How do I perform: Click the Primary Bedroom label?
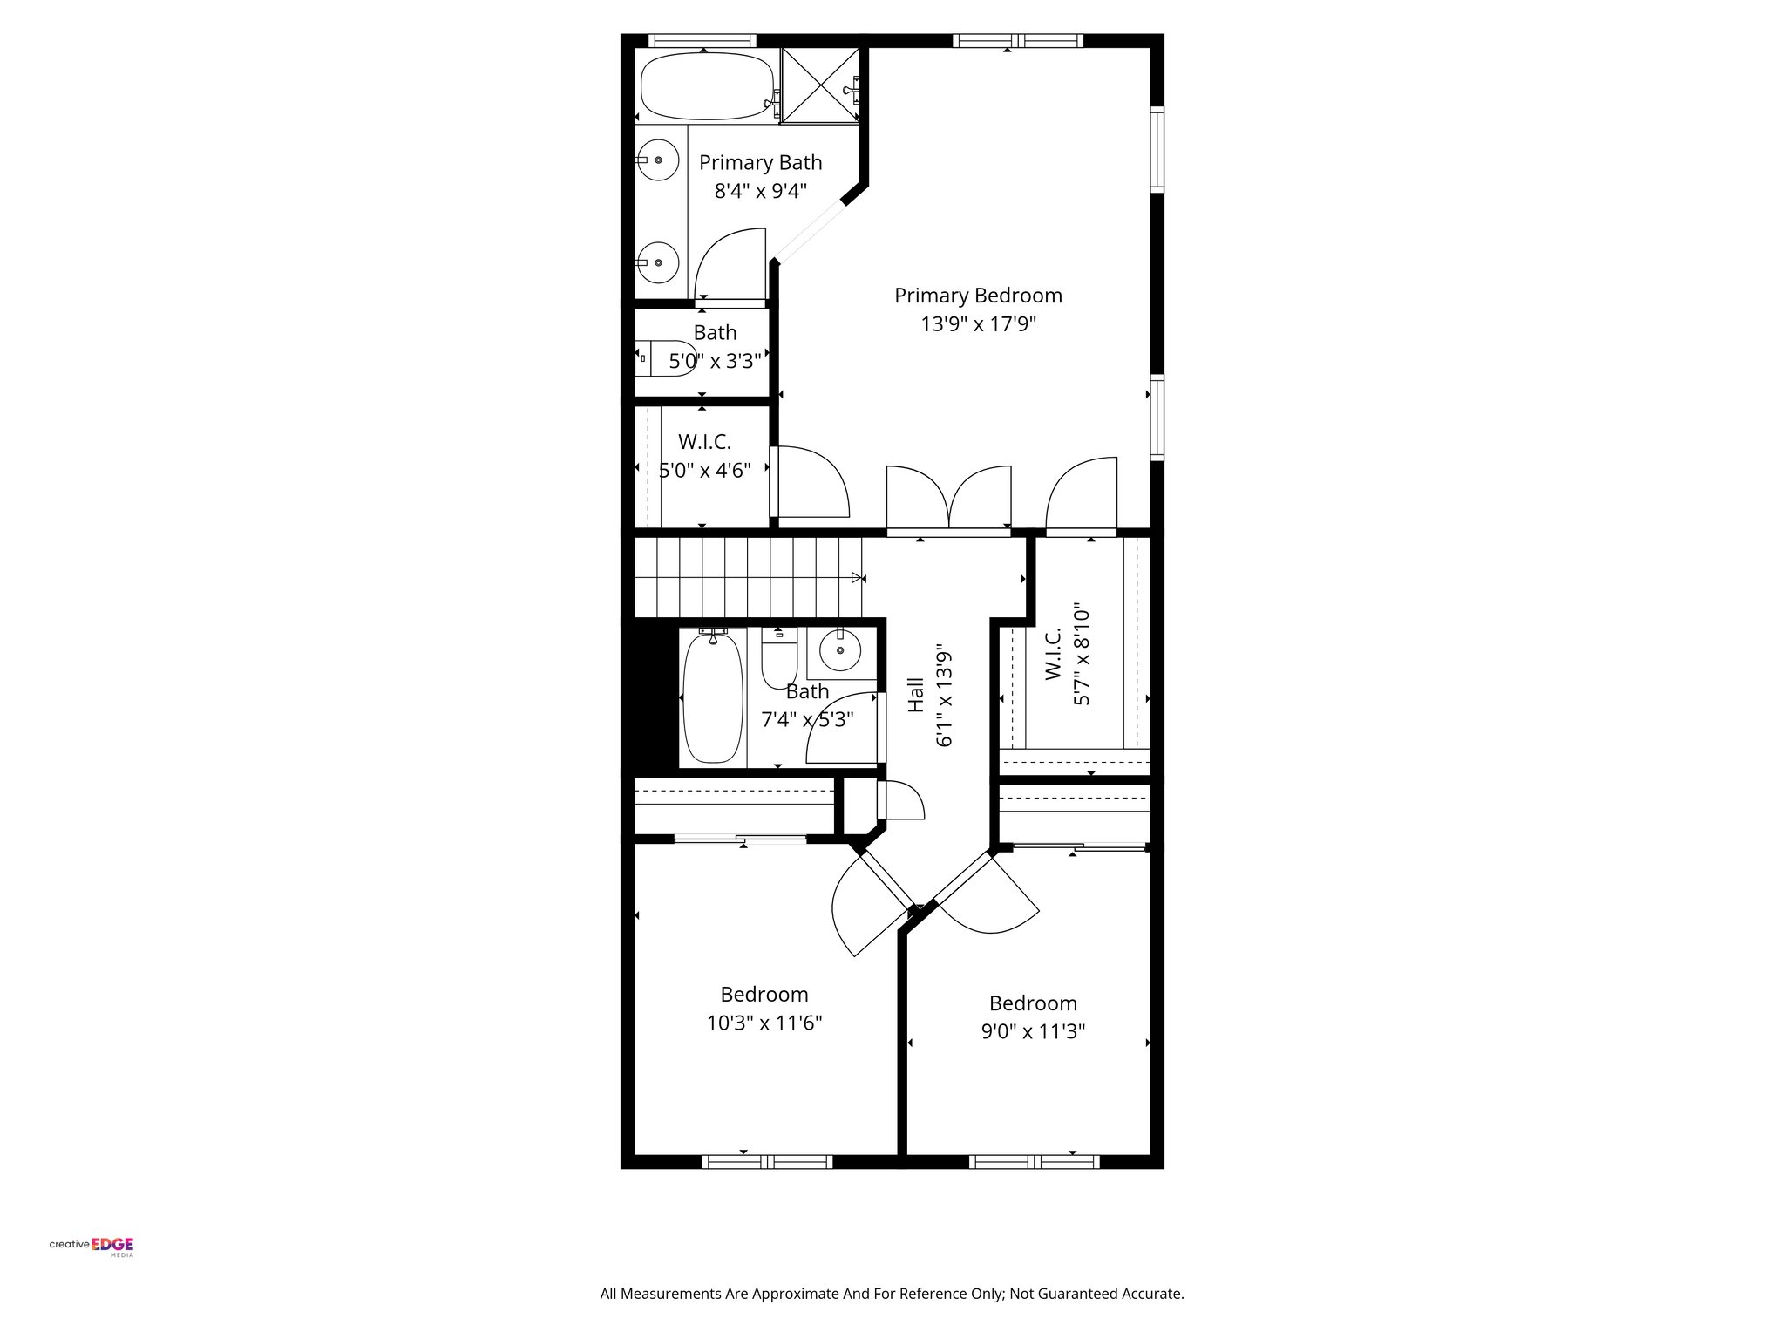pos(978,296)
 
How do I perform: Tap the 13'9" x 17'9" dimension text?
pos(978,324)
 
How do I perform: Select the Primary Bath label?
pos(760,163)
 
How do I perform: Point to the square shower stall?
pos(819,85)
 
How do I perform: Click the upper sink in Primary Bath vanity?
pos(660,160)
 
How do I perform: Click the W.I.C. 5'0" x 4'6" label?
pos(704,442)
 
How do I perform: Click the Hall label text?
pos(915,695)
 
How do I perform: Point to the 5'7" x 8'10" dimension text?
pos(1082,654)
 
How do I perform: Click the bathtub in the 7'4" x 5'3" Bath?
pos(713,699)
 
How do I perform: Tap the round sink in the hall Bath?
pos(840,650)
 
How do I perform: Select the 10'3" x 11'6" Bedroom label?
pos(764,995)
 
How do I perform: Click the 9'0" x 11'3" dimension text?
pos(1033,1032)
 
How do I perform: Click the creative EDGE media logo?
pos(92,1245)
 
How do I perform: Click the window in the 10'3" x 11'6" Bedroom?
pos(767,1161)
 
